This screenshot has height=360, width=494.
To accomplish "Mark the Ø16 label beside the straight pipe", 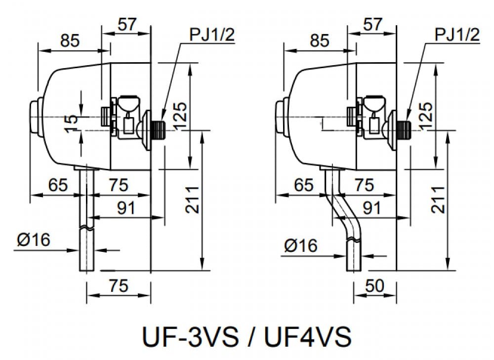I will coord(35,240).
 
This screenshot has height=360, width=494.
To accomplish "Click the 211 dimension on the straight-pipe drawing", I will coord(193,200).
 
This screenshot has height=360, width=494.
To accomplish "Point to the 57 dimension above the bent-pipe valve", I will coord(372,25).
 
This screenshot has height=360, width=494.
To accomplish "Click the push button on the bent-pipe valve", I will coord(280,116).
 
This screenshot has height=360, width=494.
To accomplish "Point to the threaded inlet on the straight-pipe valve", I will coord(160,127).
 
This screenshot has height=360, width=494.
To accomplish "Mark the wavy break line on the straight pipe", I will coord(86,228).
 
